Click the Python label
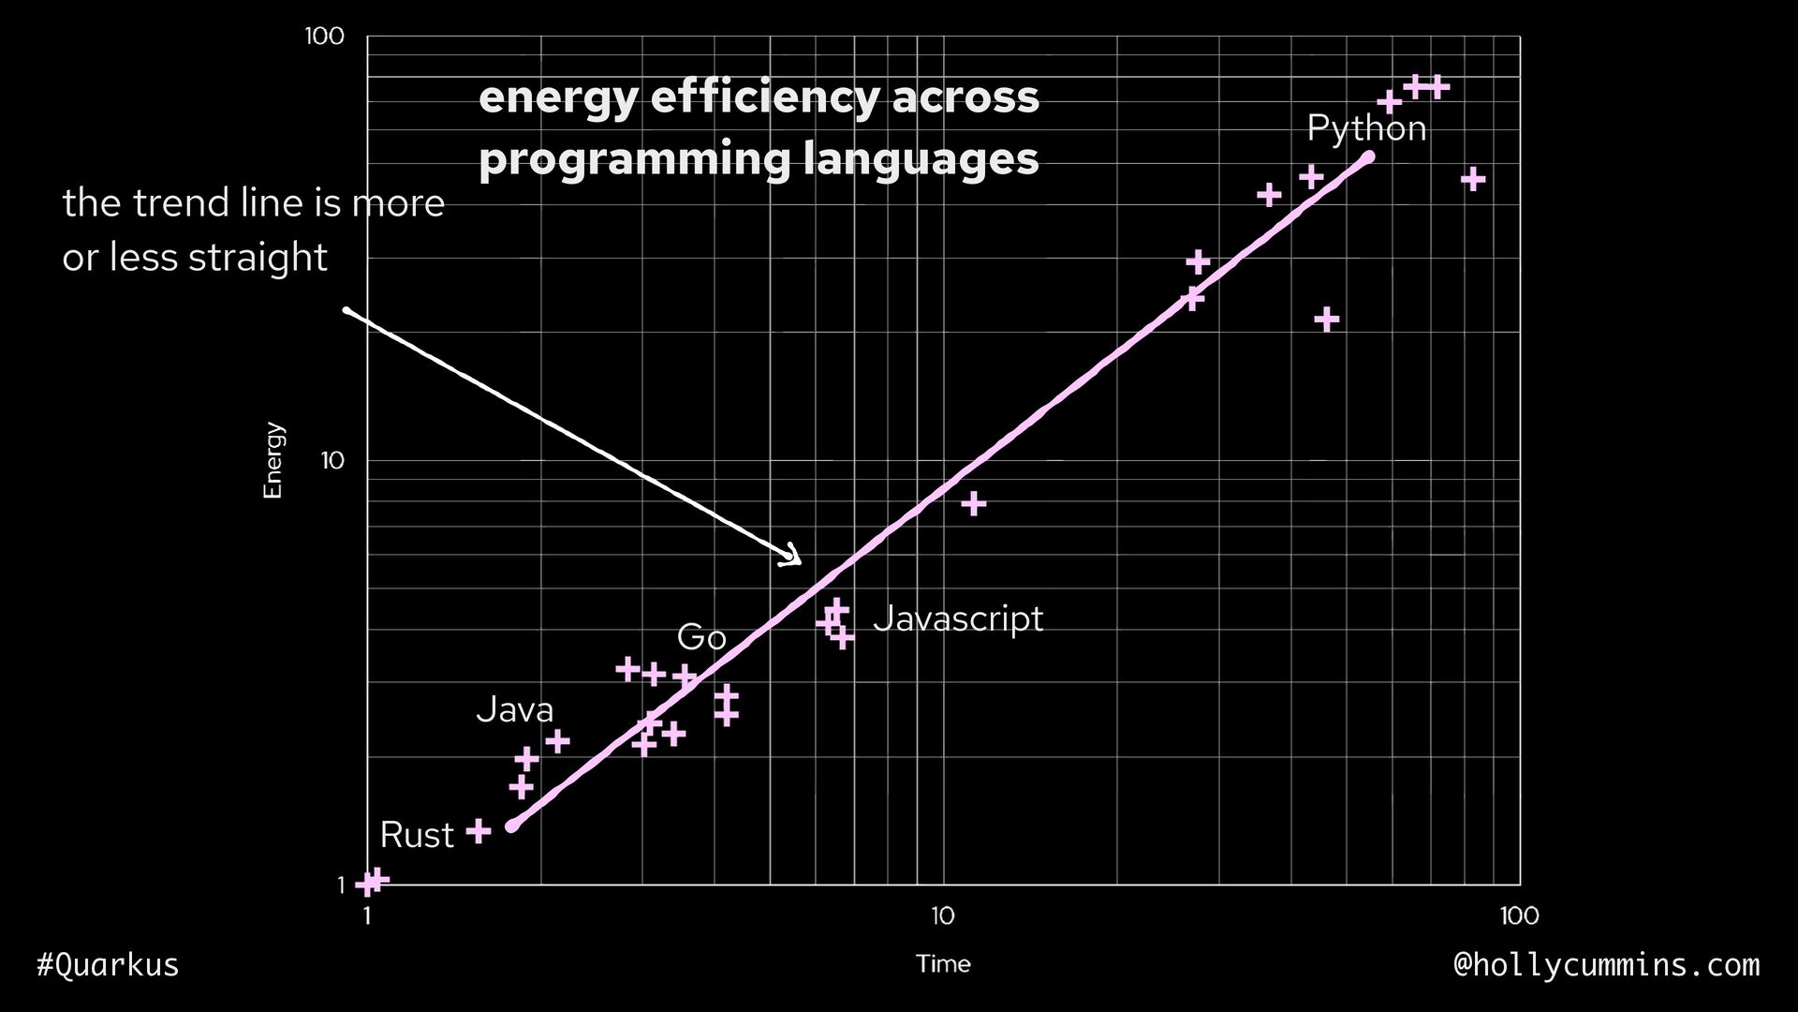pos(1365,129)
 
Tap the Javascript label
pos(957,618)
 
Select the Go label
pos(701,637)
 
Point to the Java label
pos(514,710)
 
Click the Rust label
pos(417,835)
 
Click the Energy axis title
pos(273,460)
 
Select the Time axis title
pos(943,964)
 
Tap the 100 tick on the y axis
pos(325,37)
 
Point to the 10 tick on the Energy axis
pos(332,461)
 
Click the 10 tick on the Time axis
pos(942,915)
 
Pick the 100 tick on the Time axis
pos(1518,915)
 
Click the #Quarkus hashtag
pos(108,964)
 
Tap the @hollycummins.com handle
pos(1606,964)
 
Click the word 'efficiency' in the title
pos(765,97)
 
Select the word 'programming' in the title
pos(634,158)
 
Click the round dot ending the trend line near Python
pos(1368,157)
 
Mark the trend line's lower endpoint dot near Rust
pos(511,826)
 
